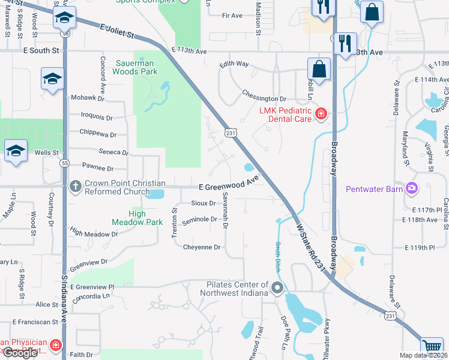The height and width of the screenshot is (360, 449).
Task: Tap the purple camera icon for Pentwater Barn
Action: [412, 190]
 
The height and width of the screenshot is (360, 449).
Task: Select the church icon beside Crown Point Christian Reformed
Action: [75, 186]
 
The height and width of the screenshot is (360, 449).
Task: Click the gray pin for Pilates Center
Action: [277, 289]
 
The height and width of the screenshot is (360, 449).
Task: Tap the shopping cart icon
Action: [431, 346]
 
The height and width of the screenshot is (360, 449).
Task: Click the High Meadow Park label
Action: [137, 218]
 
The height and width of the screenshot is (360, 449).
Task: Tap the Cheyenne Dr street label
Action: [202, 247]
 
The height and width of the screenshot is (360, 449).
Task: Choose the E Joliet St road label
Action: [117, 31]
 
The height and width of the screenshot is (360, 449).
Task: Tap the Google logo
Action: [20, 353]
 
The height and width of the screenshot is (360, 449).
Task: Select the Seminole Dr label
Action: [199, 220]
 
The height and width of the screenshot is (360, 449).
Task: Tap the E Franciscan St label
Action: [36, 322]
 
